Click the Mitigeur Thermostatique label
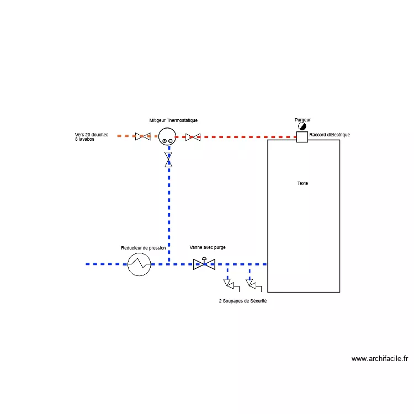173,120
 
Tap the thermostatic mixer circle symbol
167,136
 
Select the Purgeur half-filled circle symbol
302,126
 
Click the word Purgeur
302,120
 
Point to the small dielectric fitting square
302,137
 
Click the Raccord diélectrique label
330,135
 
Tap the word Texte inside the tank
302,183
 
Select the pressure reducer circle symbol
139,264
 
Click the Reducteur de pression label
144,248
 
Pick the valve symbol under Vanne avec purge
204,264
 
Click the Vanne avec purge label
208,247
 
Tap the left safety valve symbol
231,285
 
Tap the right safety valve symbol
253,285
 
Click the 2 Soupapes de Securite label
243,301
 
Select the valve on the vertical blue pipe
168,160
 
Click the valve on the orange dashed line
143,136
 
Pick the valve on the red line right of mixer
193,137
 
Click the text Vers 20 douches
92,135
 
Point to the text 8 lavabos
85,139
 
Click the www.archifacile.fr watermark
380,359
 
